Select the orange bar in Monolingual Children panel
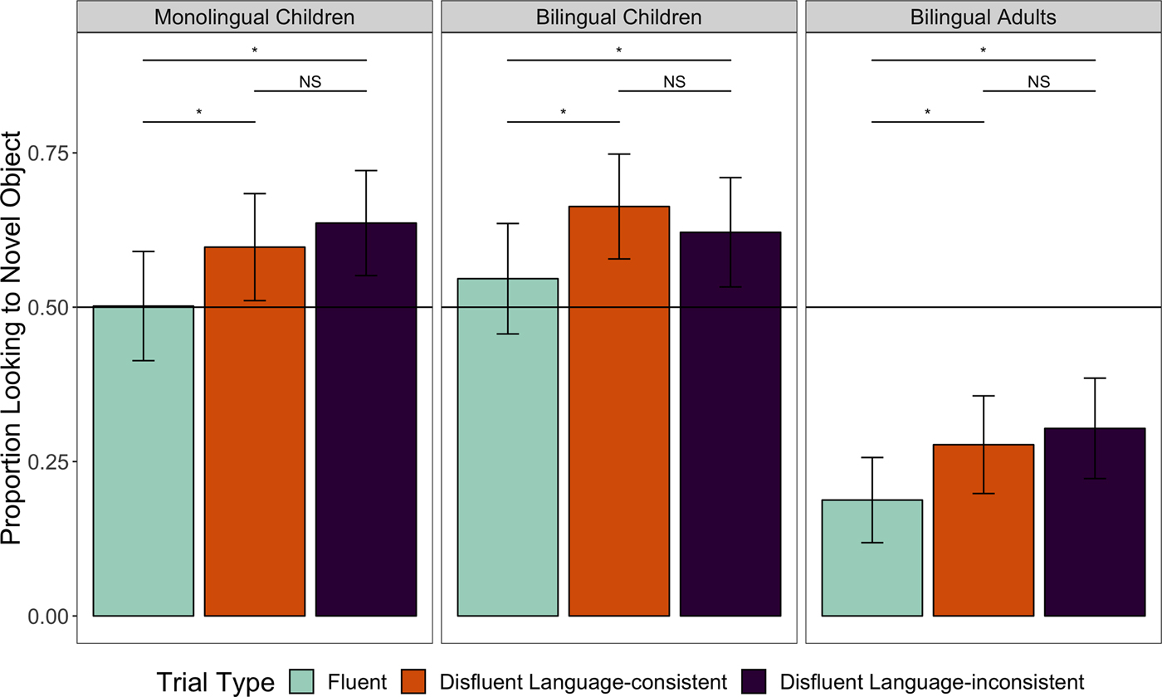click(x=255, y=431)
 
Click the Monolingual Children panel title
click(x=255, y=17)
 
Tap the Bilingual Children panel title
click(x=619, y=17)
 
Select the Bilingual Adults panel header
click(x=984, y=17)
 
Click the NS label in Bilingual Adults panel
click(x=1038, y=81)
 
